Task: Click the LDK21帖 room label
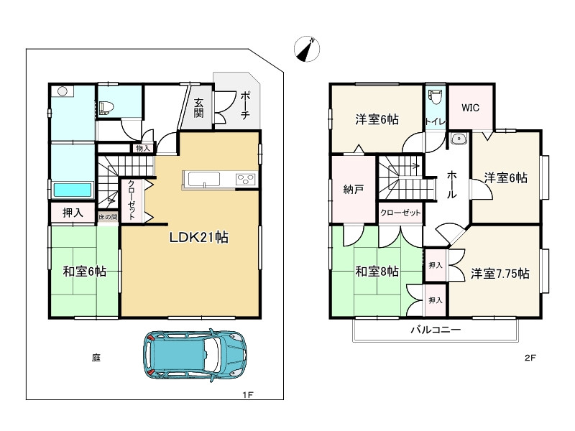pos(199,238)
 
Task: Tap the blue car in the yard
pos(194,354)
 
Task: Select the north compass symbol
pos(307,49)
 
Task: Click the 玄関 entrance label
pos(199,108)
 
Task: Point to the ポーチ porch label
pos(245,106)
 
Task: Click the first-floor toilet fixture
pos(106,107)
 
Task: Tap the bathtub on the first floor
pos(73,190)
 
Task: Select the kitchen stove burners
pos(246,180)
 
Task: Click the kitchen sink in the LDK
pos(204,180)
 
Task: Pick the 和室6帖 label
pos(85,272)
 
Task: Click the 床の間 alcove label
pos(108,217)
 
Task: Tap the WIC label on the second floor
pos(470,108)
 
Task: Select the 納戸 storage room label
pos(353,190)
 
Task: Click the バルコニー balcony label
pos(436,330)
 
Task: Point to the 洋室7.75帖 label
pos(500,274)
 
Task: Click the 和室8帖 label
pos(377,272)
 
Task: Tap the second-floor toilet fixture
pos(436,97)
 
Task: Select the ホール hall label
pos(451,185)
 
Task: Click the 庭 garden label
pos(96,357)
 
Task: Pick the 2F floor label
pos(530,357)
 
